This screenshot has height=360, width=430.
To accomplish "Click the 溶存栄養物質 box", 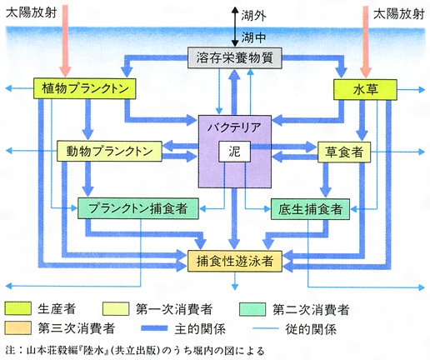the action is coord(235,57).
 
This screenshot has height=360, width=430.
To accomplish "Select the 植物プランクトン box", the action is coord(85,88).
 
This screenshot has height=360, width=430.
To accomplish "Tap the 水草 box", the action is coord(365,90).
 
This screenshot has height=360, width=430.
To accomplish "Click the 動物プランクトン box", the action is coord(109,152).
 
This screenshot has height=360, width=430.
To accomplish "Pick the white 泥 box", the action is coord(234,152).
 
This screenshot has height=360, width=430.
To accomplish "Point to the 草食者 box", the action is coord(344,152).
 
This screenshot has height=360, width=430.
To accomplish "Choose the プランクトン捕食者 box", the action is coord(138,208).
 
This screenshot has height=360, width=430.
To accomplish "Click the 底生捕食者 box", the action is coord(310,209).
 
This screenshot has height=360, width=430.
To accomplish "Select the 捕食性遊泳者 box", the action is coord(235,261).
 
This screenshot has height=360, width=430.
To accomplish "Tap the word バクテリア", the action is coord(234,127).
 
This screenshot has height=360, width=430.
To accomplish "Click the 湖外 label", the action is coord(253,16).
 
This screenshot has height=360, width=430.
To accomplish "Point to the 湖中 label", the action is coord(253,37).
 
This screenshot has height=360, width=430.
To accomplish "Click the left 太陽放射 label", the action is coord(32,12).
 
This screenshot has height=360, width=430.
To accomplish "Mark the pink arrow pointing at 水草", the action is coord(367,42).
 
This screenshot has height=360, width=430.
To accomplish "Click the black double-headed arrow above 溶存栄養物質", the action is coord(235,27).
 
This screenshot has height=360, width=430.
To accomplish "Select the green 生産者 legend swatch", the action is coord(17,308).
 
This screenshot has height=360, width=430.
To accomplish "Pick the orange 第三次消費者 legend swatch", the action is coord(17,327).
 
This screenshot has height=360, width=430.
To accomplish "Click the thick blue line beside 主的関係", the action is coord(154,328).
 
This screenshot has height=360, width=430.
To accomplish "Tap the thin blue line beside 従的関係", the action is coord(266,328).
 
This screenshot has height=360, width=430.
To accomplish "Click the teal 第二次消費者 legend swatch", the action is coord(252,309).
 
